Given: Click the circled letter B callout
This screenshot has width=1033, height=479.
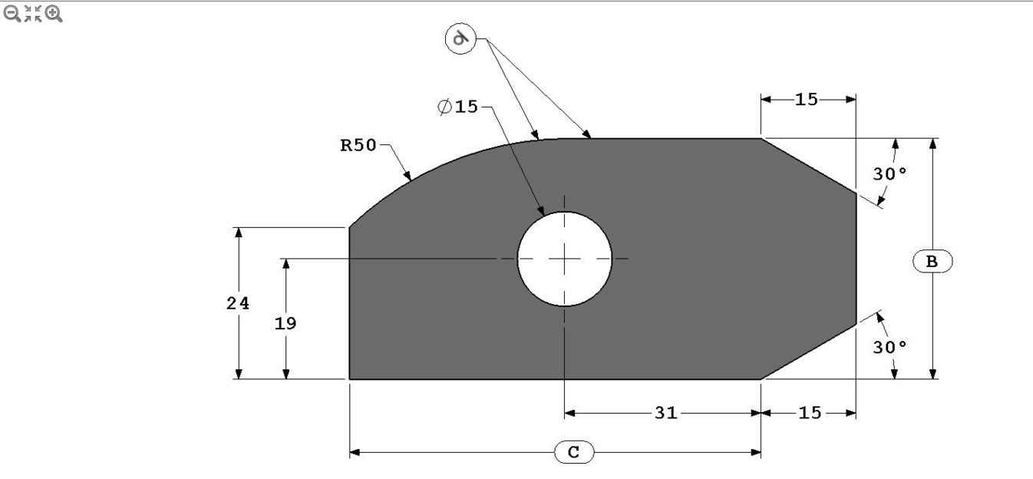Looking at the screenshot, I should (x=932, y=262).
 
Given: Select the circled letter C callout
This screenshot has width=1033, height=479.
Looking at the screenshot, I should (x=573, y=453).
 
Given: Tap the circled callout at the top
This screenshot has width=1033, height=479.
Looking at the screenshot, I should (x=460, y=38).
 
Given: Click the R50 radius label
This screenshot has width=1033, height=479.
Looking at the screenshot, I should (x=358, y=146).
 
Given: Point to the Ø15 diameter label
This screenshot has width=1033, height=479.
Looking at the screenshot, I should (x=458, y=107).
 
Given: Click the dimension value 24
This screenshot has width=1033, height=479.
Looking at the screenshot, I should (x=238, y=303).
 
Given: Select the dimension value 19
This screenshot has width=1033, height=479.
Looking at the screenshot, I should (x=285, y=323).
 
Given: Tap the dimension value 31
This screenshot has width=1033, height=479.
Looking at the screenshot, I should (x=665, y=413).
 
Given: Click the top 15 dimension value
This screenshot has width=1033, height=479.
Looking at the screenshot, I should (x=807, y=99).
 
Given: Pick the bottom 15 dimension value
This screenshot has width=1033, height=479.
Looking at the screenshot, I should (x=810, y=413).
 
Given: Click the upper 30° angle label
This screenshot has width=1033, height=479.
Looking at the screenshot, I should (x=889, y=174).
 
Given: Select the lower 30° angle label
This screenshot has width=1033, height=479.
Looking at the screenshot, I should (x=889, y=347).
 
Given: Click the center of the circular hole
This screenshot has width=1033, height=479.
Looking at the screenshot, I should (x=565, y=259).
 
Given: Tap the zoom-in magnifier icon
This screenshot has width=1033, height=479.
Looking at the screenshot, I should (x=54, y=13).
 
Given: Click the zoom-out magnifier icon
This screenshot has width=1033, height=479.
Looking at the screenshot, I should (x=13, y=13).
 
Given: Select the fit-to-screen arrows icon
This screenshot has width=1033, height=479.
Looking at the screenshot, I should (x=33, y=13).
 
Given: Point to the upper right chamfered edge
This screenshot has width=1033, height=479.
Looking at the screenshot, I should (x=808, y=166).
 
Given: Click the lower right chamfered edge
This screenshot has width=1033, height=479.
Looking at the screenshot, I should (x=808, y=352).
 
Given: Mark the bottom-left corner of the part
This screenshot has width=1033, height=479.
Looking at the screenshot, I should (x=350, y=378).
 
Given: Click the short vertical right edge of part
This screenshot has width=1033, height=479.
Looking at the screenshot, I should (x=856, y=259).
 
